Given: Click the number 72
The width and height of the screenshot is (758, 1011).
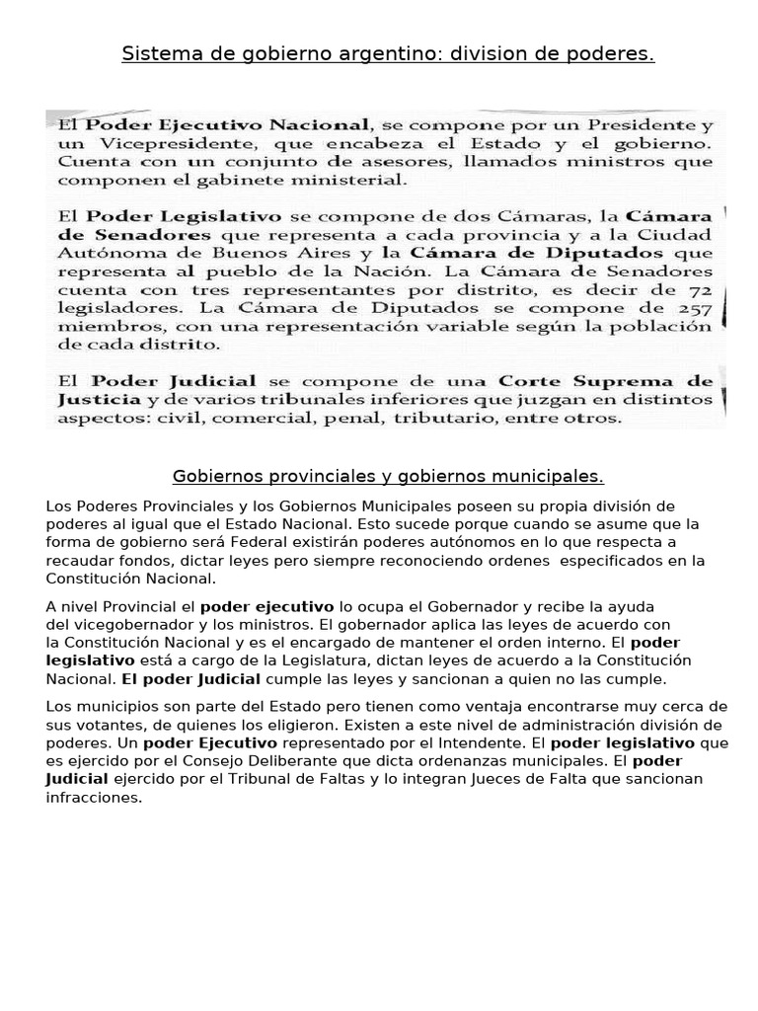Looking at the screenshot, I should pos(699,289).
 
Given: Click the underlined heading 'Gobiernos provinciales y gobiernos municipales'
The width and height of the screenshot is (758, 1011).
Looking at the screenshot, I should pos(388,477).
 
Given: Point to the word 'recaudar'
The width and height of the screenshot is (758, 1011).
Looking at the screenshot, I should pos(76,561).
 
